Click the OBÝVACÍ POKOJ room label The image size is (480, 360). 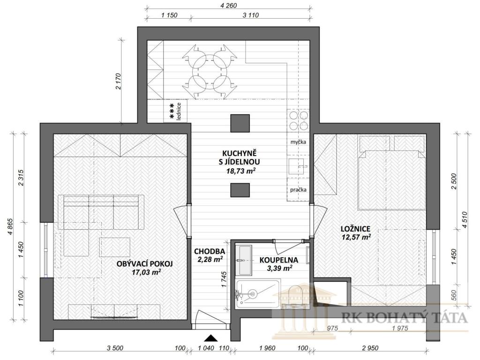coord(144,263)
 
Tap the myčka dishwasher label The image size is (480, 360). coord(298,142)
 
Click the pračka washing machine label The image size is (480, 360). coord(298,190)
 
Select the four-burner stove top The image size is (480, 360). coord(298,120)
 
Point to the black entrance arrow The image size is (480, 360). coord(211,337)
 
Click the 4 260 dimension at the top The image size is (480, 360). coord(228,6)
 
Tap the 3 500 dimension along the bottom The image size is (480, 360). coord(115,348)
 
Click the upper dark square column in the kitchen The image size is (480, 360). coord(240,122)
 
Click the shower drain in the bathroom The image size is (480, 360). coord(253,294)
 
